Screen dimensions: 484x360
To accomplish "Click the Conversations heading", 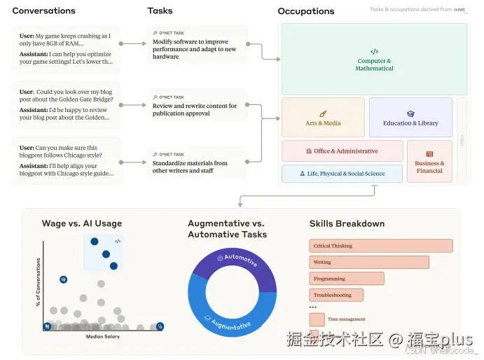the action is (43, 11).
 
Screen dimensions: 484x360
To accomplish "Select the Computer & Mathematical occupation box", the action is (374, 60).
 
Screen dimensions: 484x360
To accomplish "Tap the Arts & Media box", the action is (323, 118).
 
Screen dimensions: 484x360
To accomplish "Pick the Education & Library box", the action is (410, 118).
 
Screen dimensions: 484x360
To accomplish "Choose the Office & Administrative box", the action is (342, 151).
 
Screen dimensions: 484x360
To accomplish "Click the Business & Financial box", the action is (429, 162).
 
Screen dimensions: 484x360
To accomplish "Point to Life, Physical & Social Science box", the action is (342, 174).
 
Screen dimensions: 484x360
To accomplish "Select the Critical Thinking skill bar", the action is (380, 246).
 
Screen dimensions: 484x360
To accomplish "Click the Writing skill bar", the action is (368, 262).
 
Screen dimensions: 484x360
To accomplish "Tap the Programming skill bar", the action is (346, 279).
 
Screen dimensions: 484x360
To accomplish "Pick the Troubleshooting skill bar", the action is (336, 295).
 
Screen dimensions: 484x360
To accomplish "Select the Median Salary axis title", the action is (102, 337).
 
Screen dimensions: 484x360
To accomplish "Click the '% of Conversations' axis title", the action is (38, 282).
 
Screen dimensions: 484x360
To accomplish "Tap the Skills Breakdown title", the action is (347, 223).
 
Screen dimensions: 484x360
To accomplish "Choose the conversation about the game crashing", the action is (66, 48).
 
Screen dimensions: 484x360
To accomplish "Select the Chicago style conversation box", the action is (66, 160).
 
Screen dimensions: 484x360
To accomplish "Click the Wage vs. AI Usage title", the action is (82, 223).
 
